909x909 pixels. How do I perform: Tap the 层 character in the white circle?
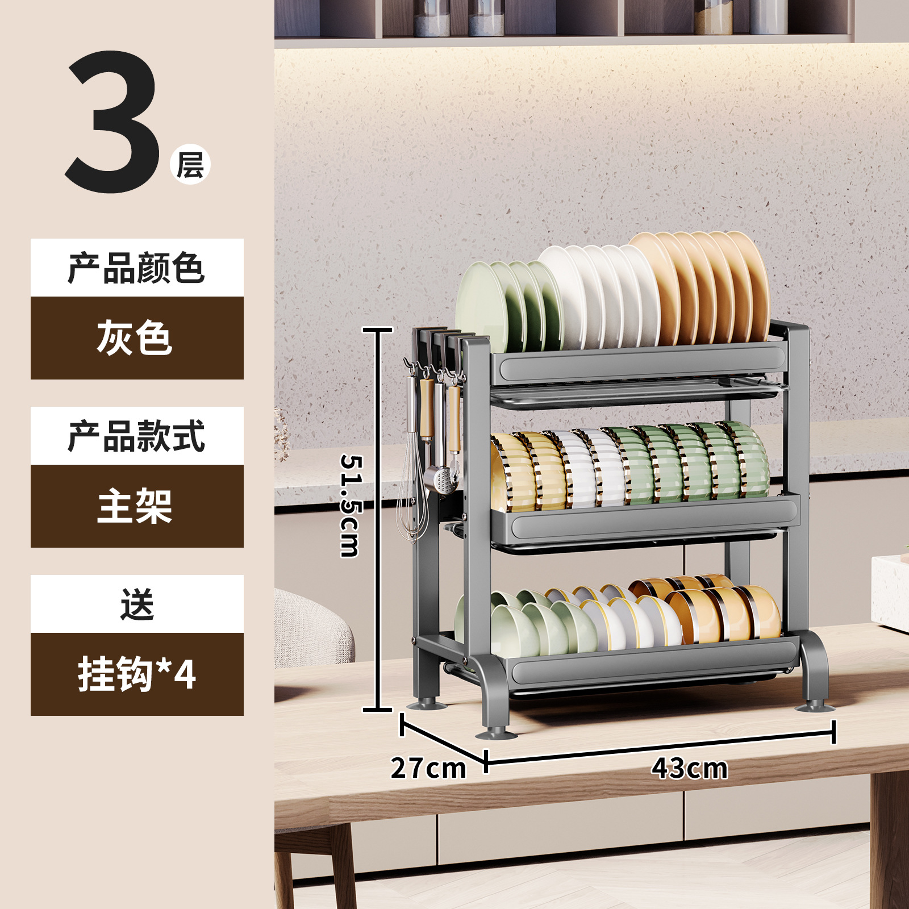click(x=190, y=165)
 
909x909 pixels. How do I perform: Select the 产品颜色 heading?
click(x=136, y=268)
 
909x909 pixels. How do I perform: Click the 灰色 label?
click(x=135, y=338)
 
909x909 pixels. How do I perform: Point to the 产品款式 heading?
click(x=136, y=436)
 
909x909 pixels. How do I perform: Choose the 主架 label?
click(x=135, y=506)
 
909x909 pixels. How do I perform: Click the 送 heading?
click(x=137, y=604)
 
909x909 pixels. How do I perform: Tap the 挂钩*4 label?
click(x=137, y=674)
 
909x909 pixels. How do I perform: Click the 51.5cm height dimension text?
click(x=350, y=506)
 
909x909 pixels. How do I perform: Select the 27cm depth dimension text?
click(x=428, y=768)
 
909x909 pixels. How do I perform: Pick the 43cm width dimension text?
click(x=689, y=768)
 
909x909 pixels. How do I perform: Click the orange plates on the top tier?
click(x=710, y=284)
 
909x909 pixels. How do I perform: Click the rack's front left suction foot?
click(x=496, y=733)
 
